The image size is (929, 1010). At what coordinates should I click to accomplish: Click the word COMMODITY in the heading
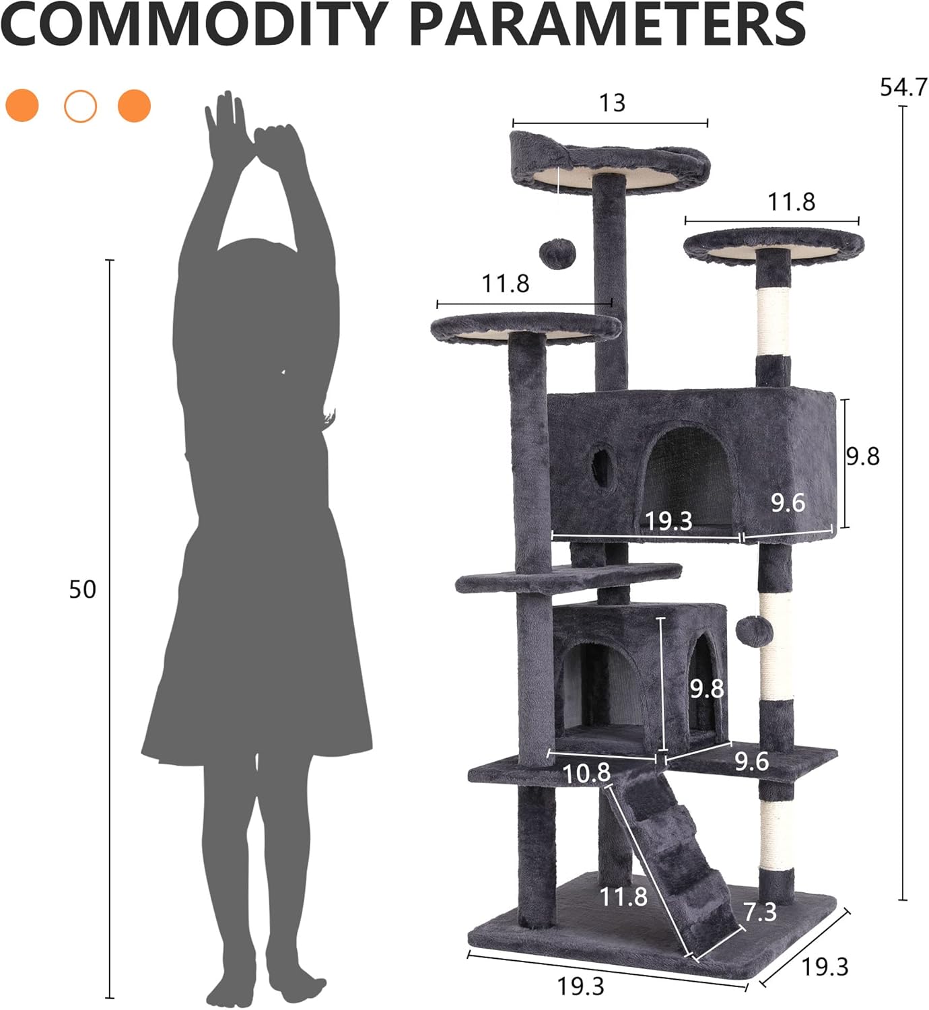(x=194, y=24)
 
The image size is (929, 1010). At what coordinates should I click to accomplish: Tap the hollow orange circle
(x=81, y=106)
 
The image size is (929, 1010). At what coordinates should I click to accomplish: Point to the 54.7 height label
(x=903, y=88)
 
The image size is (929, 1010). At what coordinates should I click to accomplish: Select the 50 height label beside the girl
(x=83, y=590)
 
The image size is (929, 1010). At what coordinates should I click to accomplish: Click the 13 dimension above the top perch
(x=613, y=103)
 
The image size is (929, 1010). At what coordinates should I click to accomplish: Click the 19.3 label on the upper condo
(x=668, y=521)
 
